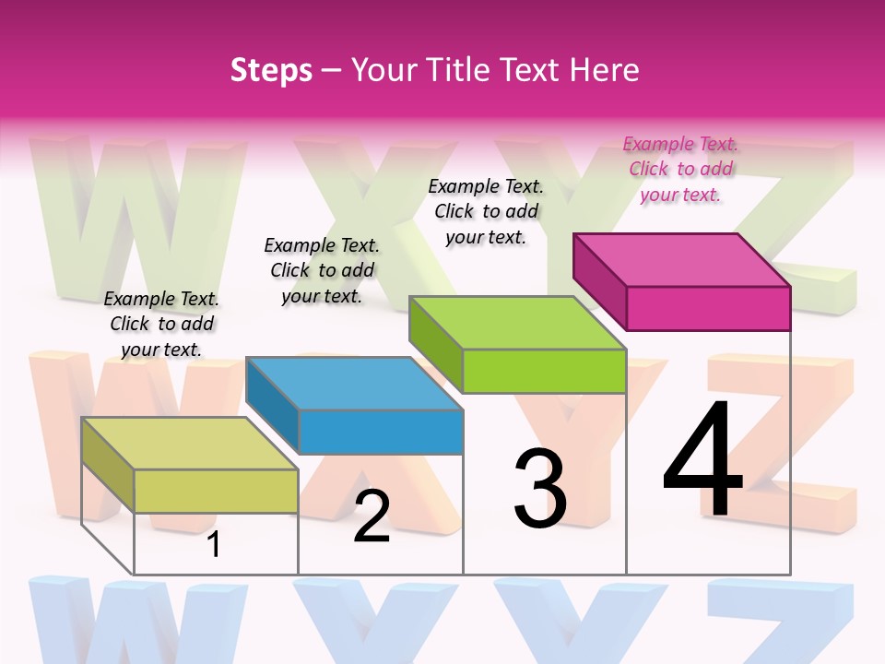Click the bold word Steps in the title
coord(271,70)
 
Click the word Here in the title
coord(605,70)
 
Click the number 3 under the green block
coord(540,488)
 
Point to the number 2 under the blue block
coord(372,516)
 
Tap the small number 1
coord(214,544)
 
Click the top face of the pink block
coord(682,259)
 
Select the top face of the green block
coord(518,322)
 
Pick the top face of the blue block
coord(354,383)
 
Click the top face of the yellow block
coord(190,443)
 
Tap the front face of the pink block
coord(708,308)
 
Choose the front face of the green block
coord(544,371)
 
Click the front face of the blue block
coord(381,432)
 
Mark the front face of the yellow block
coord(216,491)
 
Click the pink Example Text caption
coord(680,169)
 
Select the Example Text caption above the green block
coord(486,211)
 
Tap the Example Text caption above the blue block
coord(322,270)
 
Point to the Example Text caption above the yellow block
coord(161,324)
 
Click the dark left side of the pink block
coord(599,280)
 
